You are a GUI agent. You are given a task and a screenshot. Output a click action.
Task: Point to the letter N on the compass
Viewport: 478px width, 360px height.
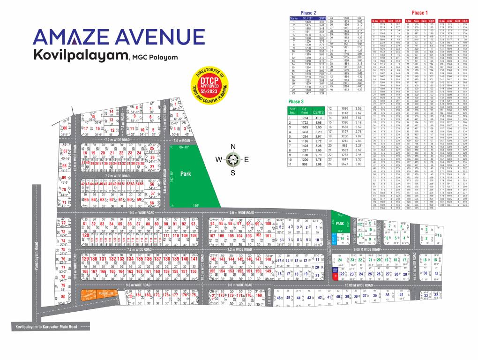click(233, 147)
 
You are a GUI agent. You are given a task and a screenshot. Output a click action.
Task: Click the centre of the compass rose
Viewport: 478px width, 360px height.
click(233, 160)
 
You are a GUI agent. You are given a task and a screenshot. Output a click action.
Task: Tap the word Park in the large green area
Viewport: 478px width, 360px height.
click(186, 173)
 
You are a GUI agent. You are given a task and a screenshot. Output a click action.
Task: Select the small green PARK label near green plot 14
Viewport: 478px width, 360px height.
click(340, 224)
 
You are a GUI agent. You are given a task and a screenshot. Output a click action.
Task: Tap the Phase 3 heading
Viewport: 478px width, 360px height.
click(296, 102)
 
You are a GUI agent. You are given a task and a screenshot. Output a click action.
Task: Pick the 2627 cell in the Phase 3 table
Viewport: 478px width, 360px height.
click(344, 164)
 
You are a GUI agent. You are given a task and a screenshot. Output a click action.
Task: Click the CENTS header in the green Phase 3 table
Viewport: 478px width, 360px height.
click(318, 112)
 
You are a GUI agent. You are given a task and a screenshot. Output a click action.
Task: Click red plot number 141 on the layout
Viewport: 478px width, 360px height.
click(194, 259)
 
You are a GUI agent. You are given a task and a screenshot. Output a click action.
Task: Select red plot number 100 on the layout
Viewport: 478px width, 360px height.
click(268, 224)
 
